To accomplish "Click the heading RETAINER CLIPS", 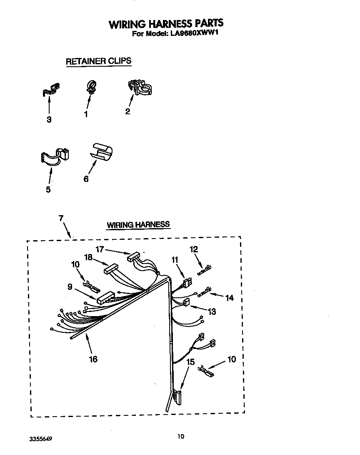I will [x=98, y=61].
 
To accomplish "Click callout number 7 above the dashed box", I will [x=61, y=218].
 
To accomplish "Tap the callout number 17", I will [x=100, y=249].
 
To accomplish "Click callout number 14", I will [x=229, y=298].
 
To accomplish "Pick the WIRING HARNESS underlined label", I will [x=138, y=224].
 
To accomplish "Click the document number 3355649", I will [x=41, y=439].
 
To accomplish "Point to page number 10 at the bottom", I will [x=180, y=437].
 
